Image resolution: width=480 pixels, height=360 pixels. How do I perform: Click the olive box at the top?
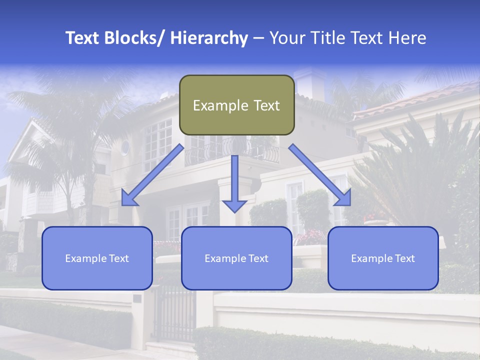coord(236,105)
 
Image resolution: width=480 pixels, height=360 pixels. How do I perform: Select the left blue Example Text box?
coord(97,258)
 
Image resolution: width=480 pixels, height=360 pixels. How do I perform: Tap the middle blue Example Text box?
coord(236,258)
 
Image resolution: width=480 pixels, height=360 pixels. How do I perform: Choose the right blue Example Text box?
coord(383,258)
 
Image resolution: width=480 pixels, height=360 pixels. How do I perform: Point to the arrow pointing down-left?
coord(152,175)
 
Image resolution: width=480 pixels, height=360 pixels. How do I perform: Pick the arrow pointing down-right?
coord(320,175)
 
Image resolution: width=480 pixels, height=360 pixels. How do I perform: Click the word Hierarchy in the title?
coord(209,38)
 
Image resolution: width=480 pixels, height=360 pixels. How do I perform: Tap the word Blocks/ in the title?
coord(134,38)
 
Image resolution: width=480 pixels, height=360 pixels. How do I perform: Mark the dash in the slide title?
coord(258,38)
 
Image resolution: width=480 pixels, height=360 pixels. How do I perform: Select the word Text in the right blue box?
coord(403,258)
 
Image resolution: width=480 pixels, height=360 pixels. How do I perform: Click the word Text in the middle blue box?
coord(257,258)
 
